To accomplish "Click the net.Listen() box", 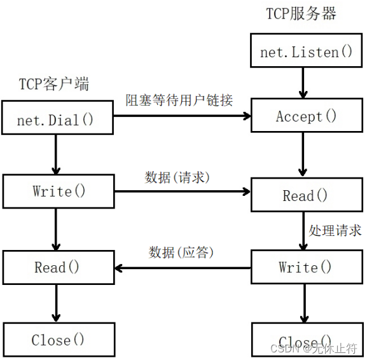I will point(306,52).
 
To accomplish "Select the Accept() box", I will point(306,116).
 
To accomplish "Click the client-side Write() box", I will point(59,191).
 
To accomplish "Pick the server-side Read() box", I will point(306,195).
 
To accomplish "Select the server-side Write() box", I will point(306,267).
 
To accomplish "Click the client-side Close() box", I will point(59,340).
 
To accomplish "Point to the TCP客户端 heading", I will point(53,84).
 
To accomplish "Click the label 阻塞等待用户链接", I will point(179,100).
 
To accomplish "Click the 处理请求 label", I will point(335,230).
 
